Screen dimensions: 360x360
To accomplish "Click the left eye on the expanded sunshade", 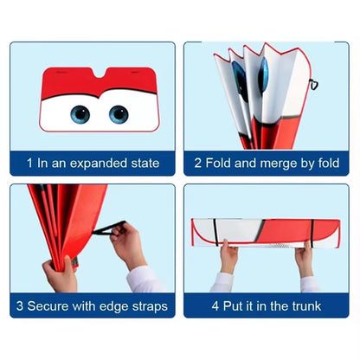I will (x=80, y=114).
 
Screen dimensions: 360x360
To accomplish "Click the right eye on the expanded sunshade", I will (x=119, y=114).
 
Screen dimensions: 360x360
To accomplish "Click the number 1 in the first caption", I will (x=29, y=162).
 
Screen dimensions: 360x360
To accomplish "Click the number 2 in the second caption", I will (x=198, y=162).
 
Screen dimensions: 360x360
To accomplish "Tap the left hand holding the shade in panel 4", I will (x=228, y=257).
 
